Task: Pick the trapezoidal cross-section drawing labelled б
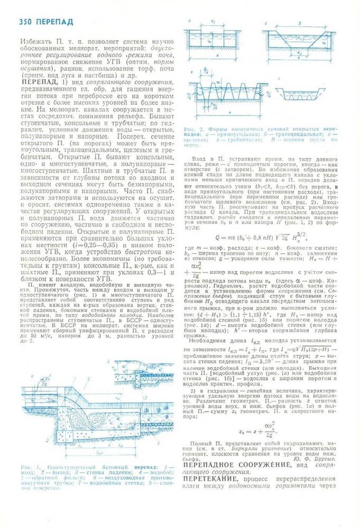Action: click(x=299, y=40)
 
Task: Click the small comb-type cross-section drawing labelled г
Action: click(x=298, y=93)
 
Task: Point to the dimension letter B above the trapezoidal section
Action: click(x=299, y=23)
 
